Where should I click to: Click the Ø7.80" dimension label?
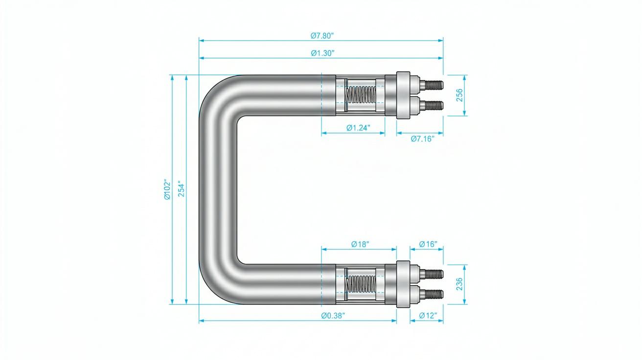tap(322, 36)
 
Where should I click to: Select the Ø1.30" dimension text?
tap(323, 53)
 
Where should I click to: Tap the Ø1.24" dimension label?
tap(358, 128)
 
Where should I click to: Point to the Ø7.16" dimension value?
tap(422, 139)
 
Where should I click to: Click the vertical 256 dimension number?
tap(459, 95)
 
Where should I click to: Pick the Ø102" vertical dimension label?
tap(167, 189)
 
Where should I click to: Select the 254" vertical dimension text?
tap(182, 188)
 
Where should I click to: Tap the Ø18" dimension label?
tap(360, 244)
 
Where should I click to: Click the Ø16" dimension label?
tap(428, 244)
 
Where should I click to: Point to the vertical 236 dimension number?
tap(459, 284)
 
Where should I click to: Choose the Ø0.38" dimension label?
tap(333, 315)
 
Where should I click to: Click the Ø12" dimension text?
tap(428, 315)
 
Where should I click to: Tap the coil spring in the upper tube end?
tap(361, 95)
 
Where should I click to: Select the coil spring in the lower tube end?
tap(361, 284)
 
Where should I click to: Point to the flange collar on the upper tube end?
tap(403, 95)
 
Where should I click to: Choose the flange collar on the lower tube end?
tap(403, 284)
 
